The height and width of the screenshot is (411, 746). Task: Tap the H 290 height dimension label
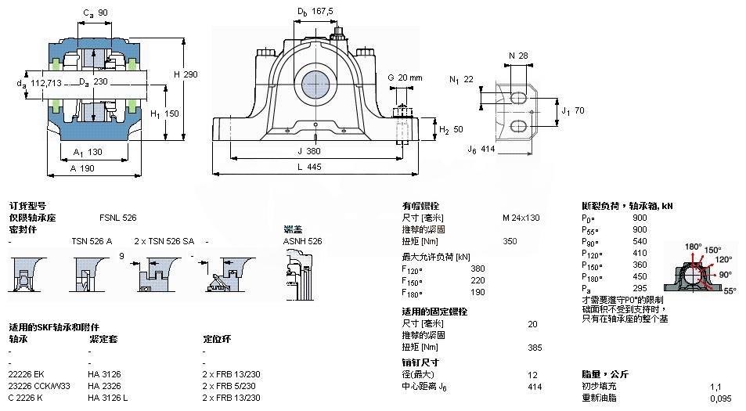click(x=185, y=74)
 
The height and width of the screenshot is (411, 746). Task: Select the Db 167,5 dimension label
click(x=315, y=11)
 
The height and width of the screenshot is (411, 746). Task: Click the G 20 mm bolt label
click(x=405, y=78)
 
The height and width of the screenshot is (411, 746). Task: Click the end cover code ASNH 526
click(x=302, y=241)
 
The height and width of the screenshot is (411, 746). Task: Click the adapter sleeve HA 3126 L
click(x=108, y=397)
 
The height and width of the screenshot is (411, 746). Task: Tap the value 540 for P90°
click(x=640, y=240)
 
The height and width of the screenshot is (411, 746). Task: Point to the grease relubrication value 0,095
click(x=721, y=398)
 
